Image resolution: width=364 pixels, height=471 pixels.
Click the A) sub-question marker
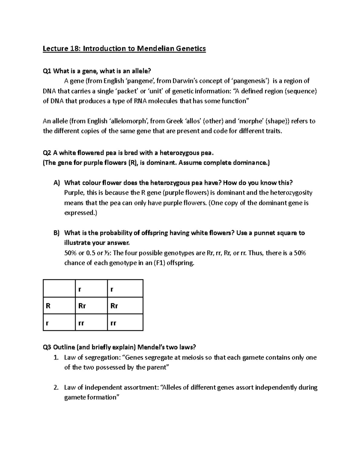coord(57,183)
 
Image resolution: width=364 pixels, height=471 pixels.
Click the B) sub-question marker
coord(57,233)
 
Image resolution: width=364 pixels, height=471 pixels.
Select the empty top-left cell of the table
coord(59,288)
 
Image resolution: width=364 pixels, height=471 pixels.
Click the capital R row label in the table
coord(48,306)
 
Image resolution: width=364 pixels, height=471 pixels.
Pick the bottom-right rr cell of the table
coord(113,323)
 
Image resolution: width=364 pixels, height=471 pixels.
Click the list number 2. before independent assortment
coord(56,388)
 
